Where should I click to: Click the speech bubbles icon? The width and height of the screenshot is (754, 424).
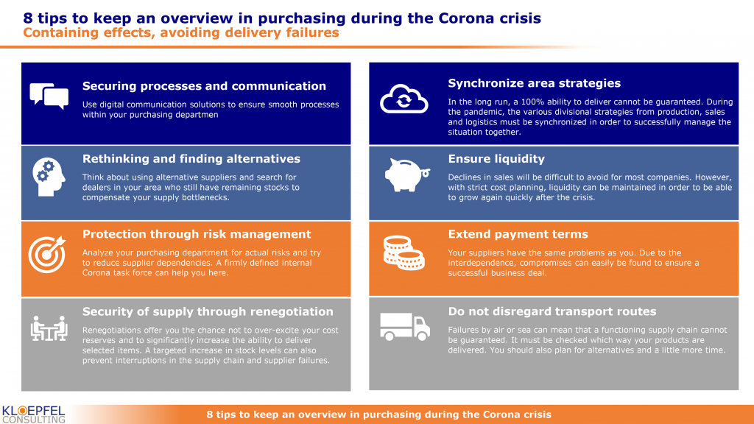tap(49, 96)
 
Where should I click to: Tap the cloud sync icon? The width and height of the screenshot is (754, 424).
tap(404, 99)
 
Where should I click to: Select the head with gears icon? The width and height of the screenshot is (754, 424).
tap(49, 177)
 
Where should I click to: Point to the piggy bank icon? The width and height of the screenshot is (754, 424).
tap(406, 174)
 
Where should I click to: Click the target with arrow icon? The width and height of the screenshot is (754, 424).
tap(47, 254)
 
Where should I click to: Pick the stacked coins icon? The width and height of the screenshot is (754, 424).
tap(404, 253)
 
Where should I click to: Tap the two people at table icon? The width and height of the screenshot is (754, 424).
tap(49, 328)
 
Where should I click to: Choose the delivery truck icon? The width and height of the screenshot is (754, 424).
tap(405, 327)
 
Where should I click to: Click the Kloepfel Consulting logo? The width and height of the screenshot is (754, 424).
tap(34, 414)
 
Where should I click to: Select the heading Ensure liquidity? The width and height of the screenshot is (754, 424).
tap(496, 159)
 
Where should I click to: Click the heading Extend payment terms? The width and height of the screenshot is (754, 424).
tap(518, 234)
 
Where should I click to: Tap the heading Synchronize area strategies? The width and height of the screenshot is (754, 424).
tap(535, 83)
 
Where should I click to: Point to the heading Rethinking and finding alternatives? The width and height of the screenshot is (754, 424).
tap(191, 159)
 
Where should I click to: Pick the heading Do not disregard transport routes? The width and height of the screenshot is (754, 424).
tap(552, 311)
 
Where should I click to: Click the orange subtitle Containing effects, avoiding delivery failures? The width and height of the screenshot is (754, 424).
tap(181, 32)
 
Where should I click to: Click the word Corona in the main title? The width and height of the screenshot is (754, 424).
tap(466, 18)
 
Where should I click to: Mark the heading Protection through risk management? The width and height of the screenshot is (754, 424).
tap(197, 234)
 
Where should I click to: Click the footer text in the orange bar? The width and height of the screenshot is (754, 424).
tap(379, 414)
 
